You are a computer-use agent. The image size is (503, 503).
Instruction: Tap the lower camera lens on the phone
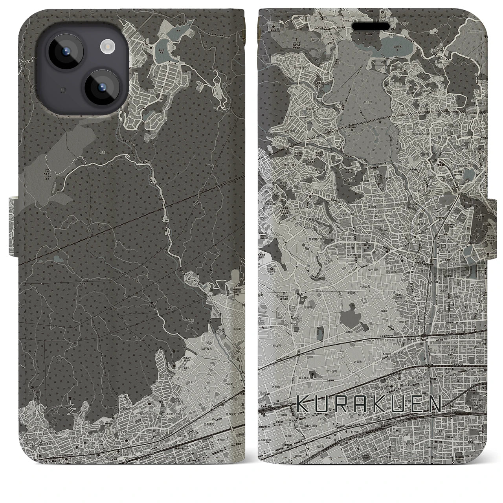click(x=100, y=87)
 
